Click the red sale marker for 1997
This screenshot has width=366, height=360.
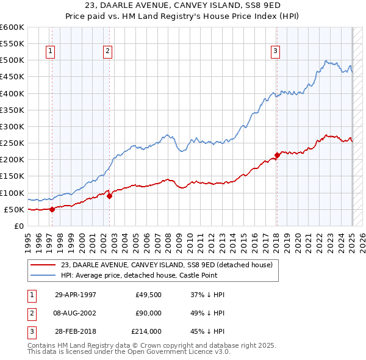tap(52, 209)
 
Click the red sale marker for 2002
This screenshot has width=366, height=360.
tap(109, 196)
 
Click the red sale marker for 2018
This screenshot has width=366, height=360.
tap(277, 155)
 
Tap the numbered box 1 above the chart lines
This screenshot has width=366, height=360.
tap(49, 51)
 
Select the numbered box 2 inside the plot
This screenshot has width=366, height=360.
tap(107, 51)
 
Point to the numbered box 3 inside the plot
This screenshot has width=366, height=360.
tap(275, 51)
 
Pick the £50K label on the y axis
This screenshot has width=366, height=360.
tap(14, 209)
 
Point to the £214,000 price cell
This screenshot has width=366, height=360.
tap(146, 331)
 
